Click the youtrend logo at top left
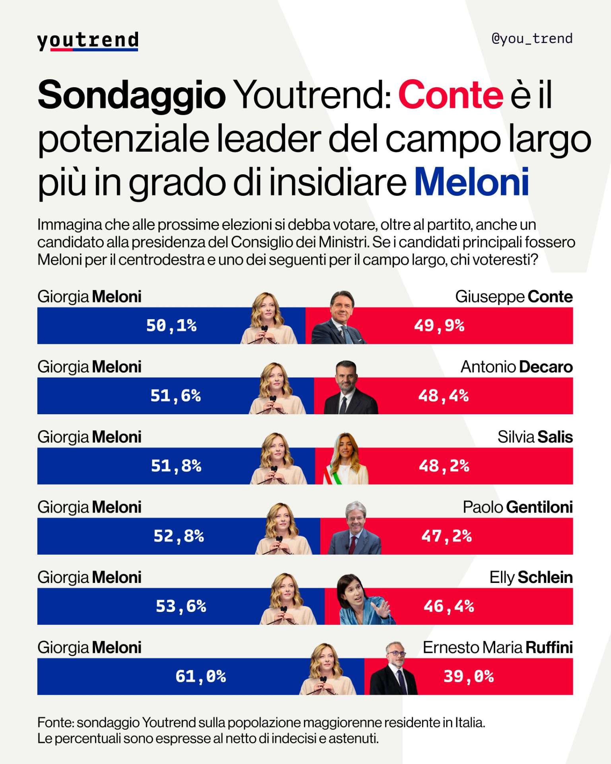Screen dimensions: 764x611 tap(88, 41)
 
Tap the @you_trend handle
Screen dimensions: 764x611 tap(532, 39)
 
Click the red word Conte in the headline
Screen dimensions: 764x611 tap(451, 95)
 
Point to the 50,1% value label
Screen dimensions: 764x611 tap(171, 325)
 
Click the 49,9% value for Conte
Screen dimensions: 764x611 tap(439, 325)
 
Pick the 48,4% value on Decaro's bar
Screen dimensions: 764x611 tap(443, 396)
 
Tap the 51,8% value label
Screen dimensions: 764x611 tap(176, 466)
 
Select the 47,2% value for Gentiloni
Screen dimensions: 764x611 tap(446, 536)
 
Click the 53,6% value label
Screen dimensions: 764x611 tap(181, 606)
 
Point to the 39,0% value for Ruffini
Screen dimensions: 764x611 tap(469, 676)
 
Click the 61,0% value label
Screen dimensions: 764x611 tap(200, 676)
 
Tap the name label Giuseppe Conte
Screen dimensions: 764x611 tap(514, 297)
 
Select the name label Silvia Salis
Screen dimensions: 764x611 tap(535, 437)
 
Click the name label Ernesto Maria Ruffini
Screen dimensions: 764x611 tap(497, 648)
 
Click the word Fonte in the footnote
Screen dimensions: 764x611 tap(54, 723)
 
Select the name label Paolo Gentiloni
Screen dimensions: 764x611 tap(518, 507)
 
